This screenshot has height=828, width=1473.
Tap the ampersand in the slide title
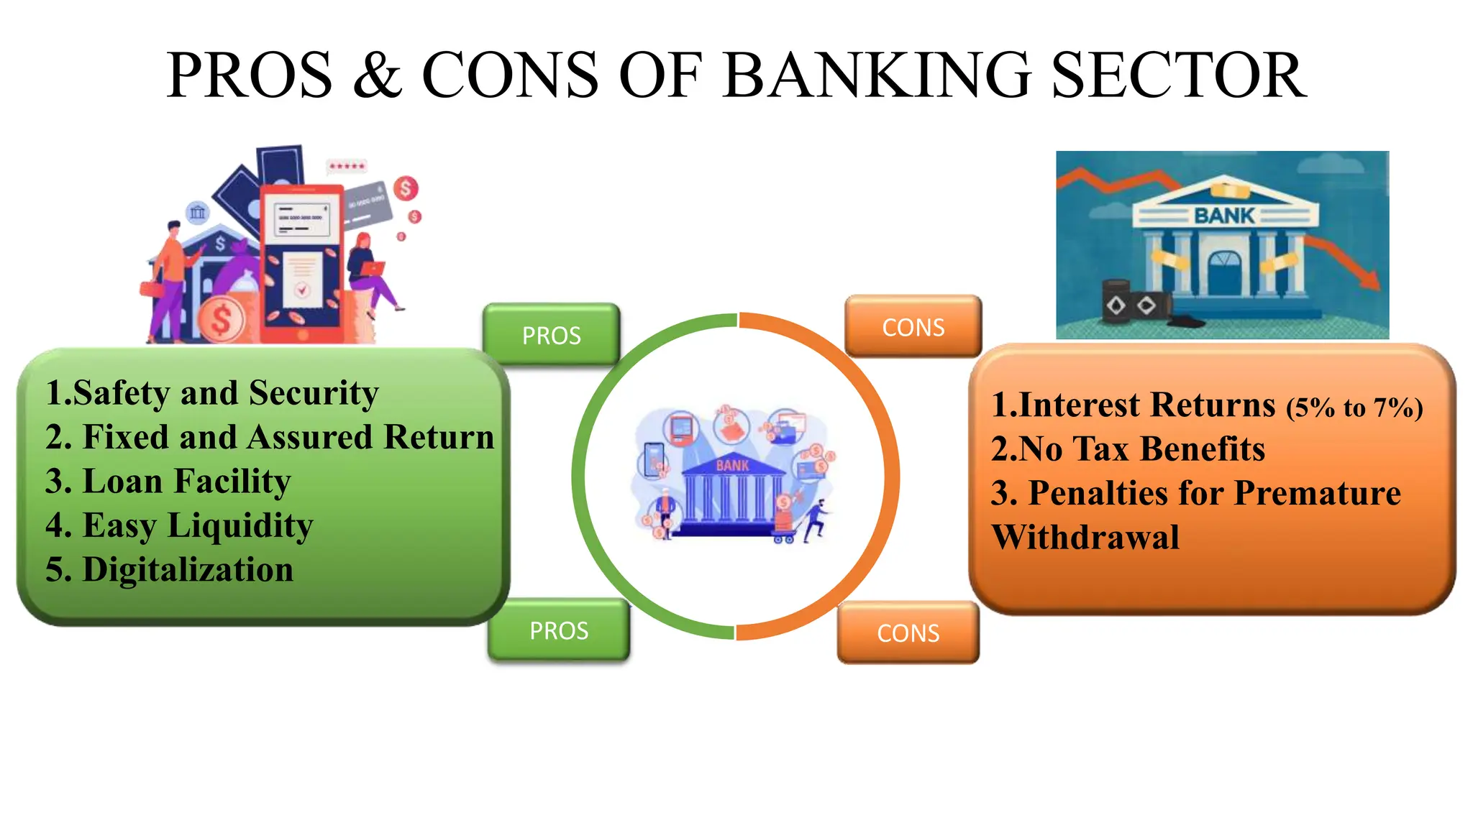pyautogui.click(x=377, y=76)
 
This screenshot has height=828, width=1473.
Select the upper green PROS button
pyautogui.click(x=551, y=335)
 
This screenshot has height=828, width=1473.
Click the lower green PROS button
pyautogui.click(x=559, y=630)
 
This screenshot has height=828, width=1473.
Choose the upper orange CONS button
pyautogui.click(x=913, y=327)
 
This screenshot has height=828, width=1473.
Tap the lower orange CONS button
pyautogui.click(x=908, y=632)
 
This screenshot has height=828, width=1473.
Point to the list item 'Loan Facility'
pyautogui.click(x=186, y=481)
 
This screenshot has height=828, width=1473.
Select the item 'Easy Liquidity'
pyautogui.click(x=197, y=525)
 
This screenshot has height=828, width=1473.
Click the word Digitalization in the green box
pyautogui.click(x=188, y=569)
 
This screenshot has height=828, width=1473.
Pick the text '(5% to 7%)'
pyautogui.click(x=1354, y=408)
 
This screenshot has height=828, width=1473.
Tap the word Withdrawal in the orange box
pyautogui.click(x=1085, y=537)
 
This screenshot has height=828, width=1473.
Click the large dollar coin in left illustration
pyautogui.click(x=221, y=319)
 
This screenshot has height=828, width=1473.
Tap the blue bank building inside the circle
pyautogui.click(x=732, y=494)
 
